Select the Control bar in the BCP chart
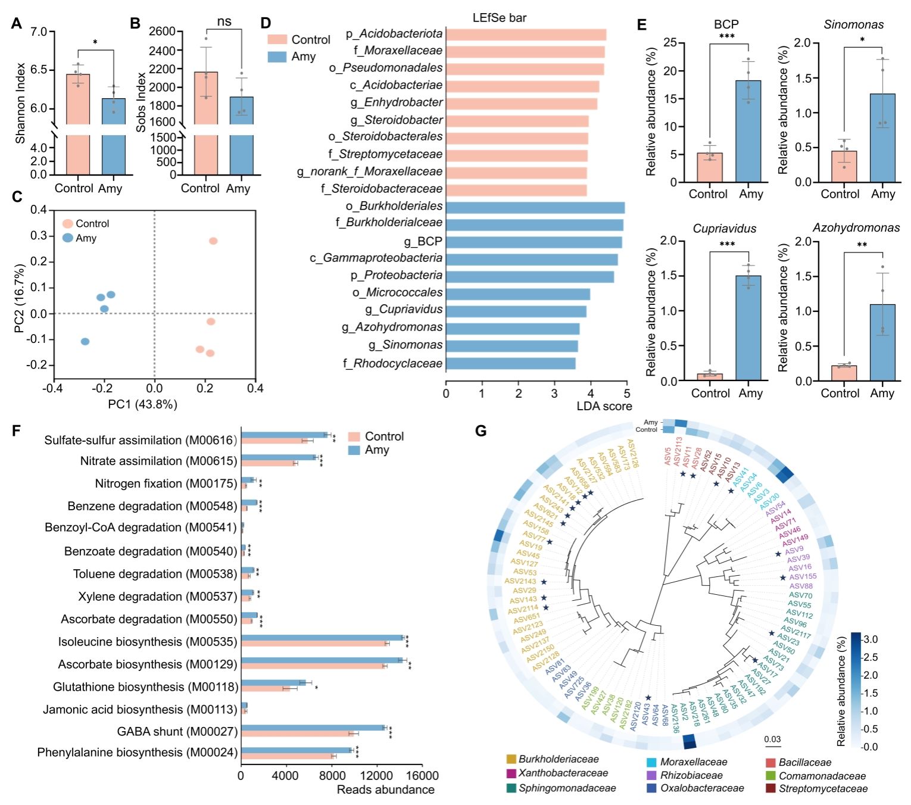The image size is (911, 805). (x=710, y=167)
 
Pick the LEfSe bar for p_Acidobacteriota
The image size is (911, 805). (x=526, y=35)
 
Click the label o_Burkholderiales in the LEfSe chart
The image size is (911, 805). (x=394, y=206)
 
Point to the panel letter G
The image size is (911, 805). (x=481, y=430)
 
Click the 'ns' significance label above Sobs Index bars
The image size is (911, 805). (x=224, y=22)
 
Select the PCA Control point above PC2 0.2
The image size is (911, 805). (x=213, y=241)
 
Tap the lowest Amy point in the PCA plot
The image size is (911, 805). (x=85, y=341)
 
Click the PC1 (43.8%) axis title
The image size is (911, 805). (x=142, y=404)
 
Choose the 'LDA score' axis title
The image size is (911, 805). (x=604, y=406)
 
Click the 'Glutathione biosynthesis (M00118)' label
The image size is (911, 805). (x=145, y=687)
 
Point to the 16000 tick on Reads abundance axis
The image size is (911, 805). (x=422, y=776)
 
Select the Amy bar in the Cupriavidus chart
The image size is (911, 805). (x=748, y=327)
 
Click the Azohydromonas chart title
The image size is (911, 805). (x=856, y=228)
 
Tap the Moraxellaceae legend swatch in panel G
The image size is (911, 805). (x=651, y=762)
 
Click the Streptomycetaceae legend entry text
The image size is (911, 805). (x=823, y=788)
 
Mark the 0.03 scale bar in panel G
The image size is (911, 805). (x=772, y=745)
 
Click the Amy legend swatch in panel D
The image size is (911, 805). (x=277, y=57)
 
